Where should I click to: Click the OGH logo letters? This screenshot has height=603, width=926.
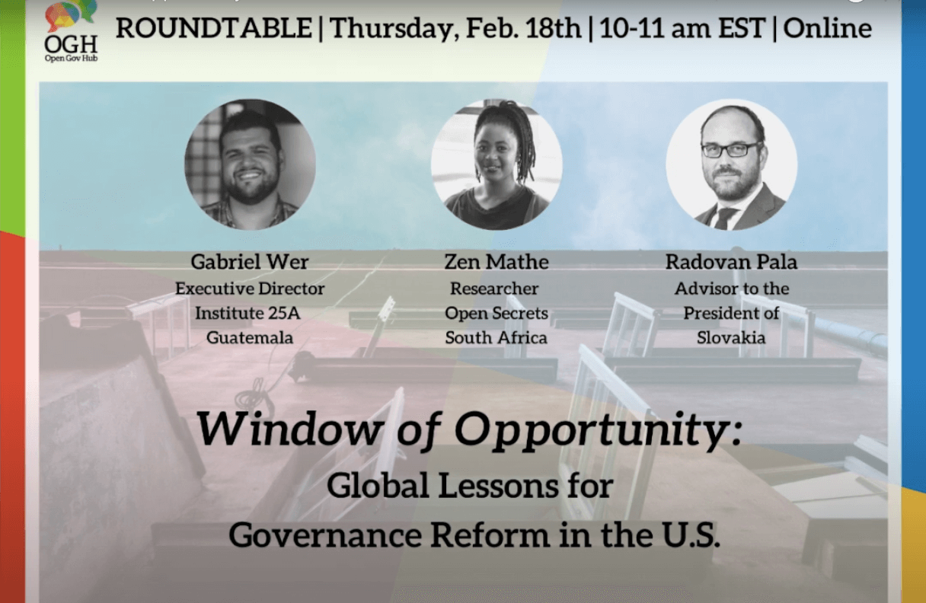[x=71, y=44]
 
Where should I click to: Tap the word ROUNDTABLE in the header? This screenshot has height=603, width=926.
[x=214, y=28]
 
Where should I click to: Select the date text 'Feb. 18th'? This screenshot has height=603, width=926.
[x=523, y=28]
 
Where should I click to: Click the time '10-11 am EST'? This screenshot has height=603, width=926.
[x=682, y=28]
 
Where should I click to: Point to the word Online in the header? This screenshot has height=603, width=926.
[x=828, y=28]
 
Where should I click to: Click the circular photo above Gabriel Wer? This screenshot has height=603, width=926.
[x=250, y=164]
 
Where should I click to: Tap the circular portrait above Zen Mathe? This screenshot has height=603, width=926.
[x=497, y=164]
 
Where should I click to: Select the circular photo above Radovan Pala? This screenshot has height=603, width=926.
[x=731, y=164]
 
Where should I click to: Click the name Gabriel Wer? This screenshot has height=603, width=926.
[x=250, y=262]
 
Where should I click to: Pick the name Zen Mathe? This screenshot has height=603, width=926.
[x=497, y=262]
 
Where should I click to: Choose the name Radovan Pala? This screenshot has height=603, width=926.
[x=731, y=262]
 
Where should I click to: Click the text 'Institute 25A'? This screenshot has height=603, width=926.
[x=247, y=313]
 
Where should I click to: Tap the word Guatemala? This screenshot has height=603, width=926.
[x=250, y=337]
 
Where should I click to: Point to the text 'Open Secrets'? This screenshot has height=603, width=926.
[x=497, y=313]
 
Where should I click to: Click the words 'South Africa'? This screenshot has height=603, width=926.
[x=496, y=337]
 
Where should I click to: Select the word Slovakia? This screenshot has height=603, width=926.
[x=731, y=337]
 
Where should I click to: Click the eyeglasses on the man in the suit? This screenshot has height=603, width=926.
[x=731, y=149]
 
